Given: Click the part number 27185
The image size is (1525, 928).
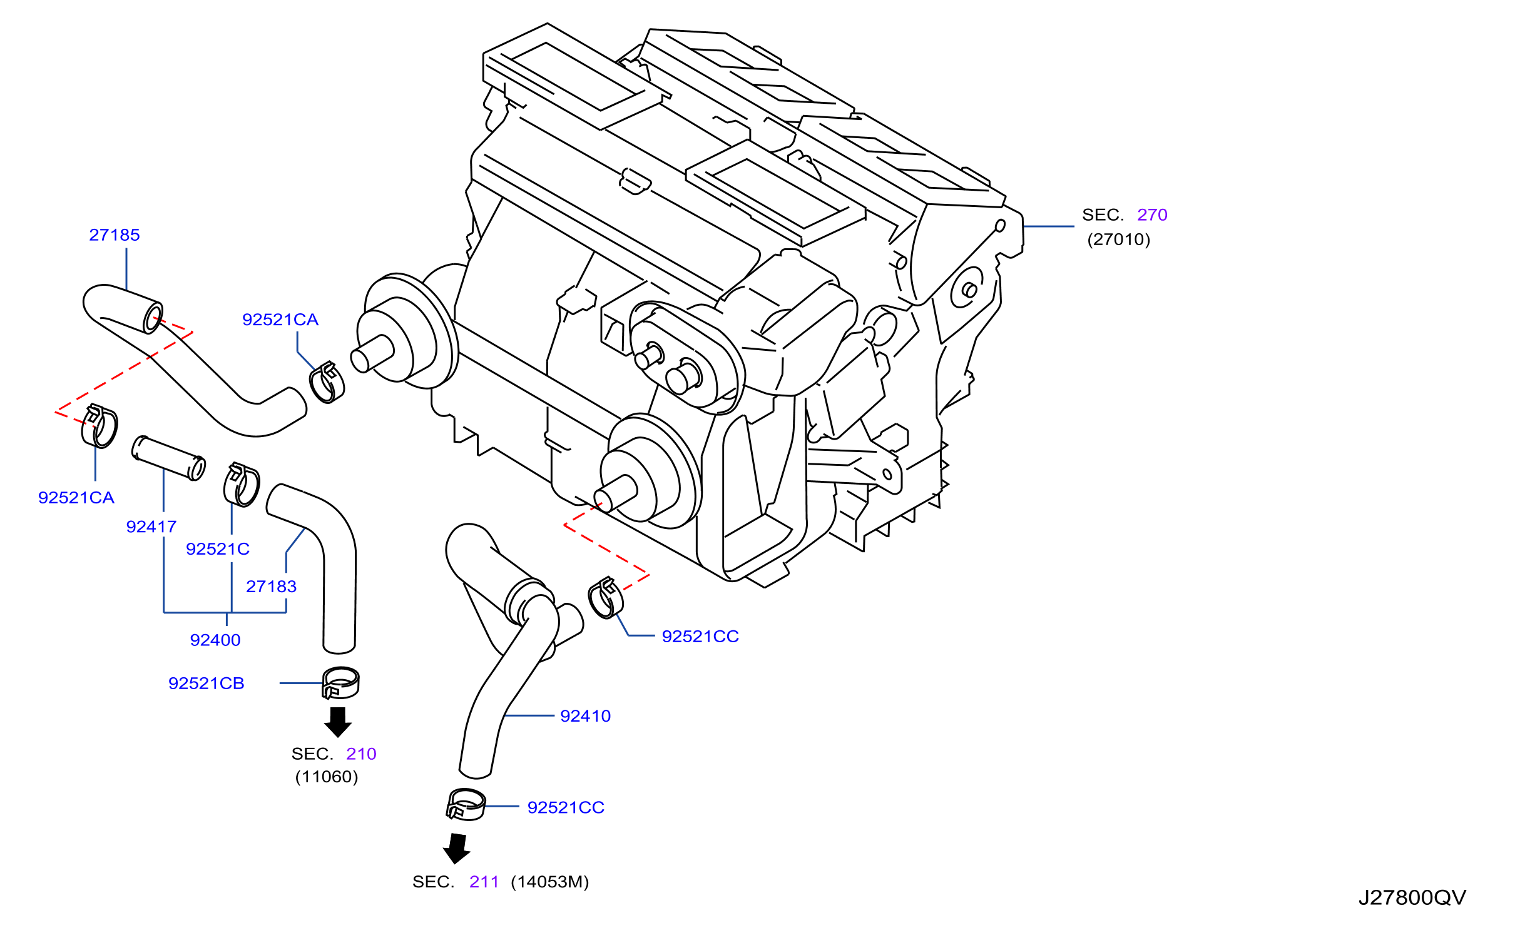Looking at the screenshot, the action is click(x=115, y=235).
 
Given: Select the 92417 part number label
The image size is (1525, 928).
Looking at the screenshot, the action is click(x=151, y=527).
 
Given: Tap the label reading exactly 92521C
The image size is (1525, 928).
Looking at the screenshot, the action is click(x=218, y=549).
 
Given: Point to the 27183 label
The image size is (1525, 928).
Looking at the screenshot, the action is click(x=272, y=587).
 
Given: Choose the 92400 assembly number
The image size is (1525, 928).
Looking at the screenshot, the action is click(x=215, y=640).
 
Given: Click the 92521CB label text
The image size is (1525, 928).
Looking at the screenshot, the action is click(x=207, y=683).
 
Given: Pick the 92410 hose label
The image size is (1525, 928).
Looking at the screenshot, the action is click(x=586, y=716).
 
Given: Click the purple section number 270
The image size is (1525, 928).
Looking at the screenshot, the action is click(x=1152, y=215).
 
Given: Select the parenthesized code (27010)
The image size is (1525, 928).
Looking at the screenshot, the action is click(x=1119, y=240).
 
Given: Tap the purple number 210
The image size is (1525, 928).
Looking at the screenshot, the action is click(x=361, y=754).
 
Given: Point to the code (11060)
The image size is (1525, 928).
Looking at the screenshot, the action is click(x=327, y=777).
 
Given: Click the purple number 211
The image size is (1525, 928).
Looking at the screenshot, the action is click(x=484, y=882).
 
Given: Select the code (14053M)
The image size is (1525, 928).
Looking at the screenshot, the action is click(x=550, y=882).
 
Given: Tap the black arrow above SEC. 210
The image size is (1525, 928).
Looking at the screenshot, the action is click(x=338, y=722).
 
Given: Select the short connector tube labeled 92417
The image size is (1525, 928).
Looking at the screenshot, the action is click(x=169, y=458).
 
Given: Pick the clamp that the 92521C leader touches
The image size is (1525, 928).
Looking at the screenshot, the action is click(x=242, y=485).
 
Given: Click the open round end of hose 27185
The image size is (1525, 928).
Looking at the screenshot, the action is click(x=153, y=318).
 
